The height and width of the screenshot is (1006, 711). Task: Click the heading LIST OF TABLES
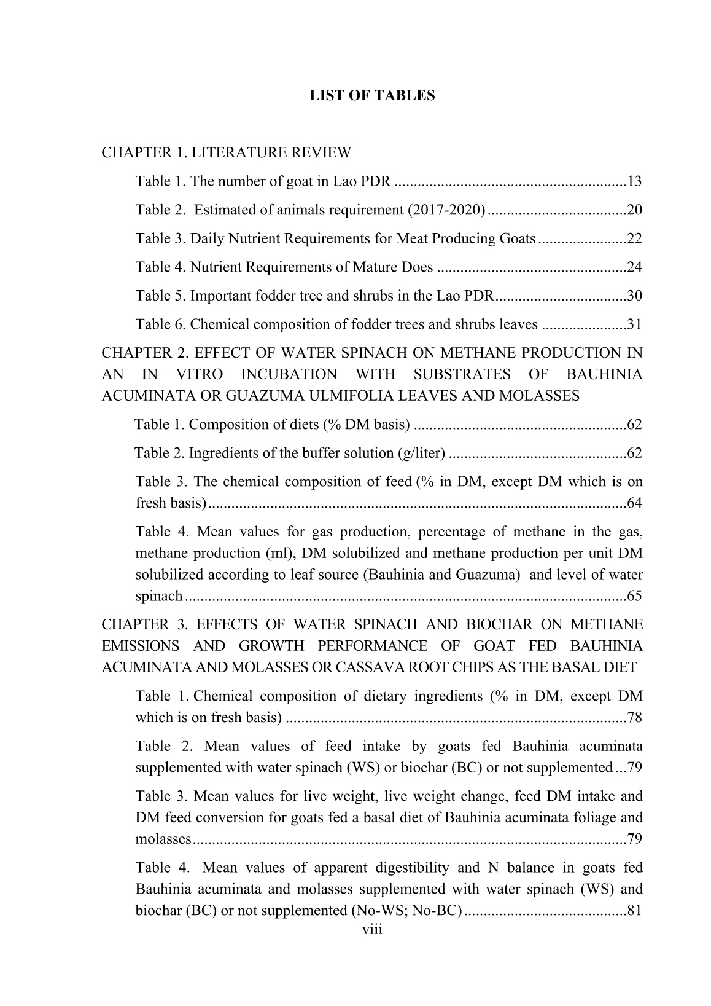click(372, 95)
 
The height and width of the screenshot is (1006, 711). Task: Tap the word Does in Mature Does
click(417, 267)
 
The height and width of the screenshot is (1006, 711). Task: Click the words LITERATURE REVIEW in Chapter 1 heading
click(272, 152)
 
